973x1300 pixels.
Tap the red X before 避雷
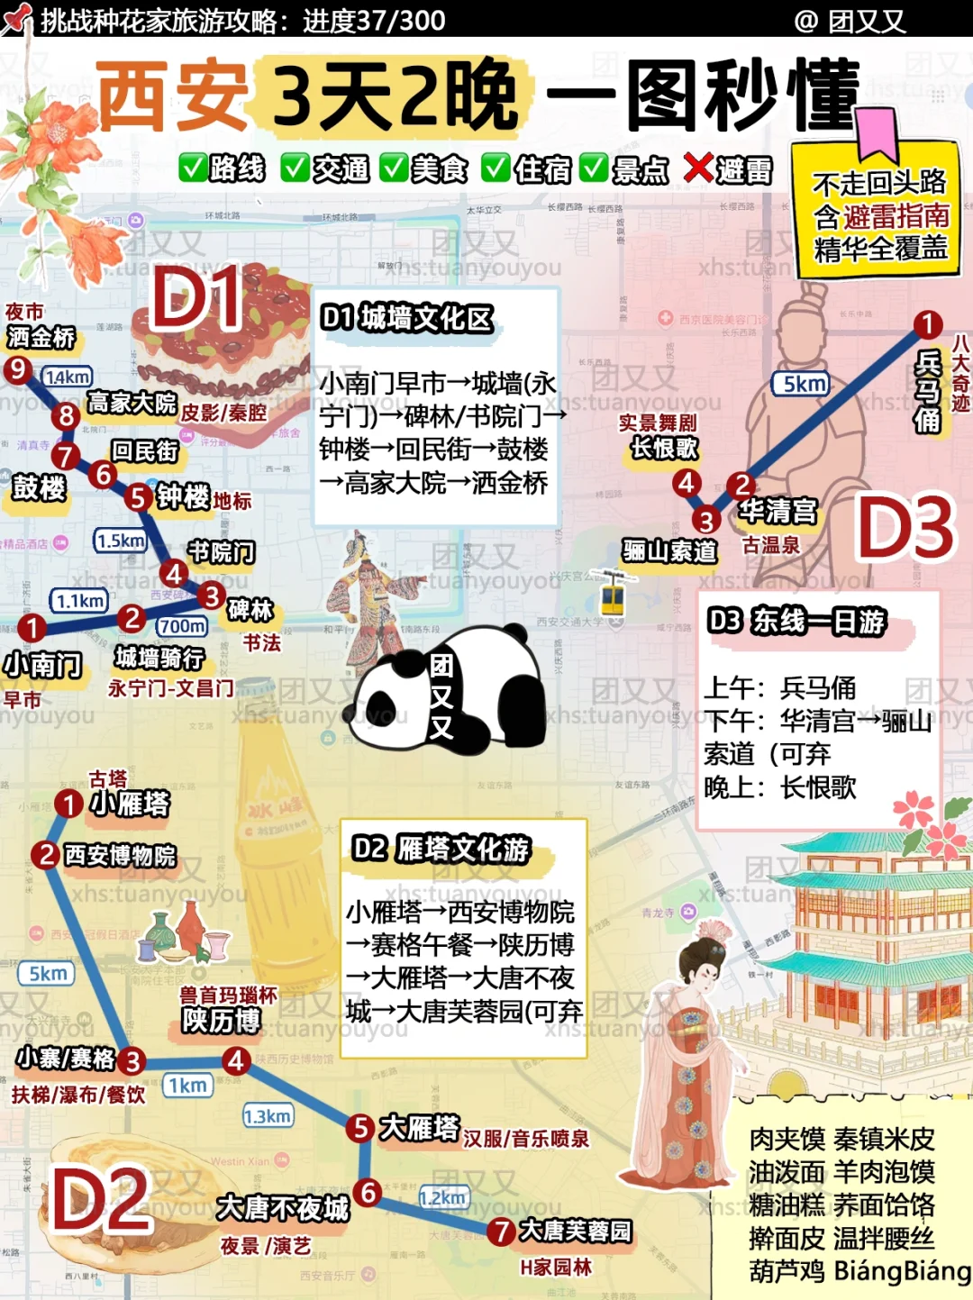coord(698,168)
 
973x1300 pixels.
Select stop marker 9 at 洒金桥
coord(17,369)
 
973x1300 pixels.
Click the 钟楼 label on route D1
coord(183,495)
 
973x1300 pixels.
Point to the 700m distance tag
coord(182,625)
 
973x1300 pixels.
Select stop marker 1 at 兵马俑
coord(927,323)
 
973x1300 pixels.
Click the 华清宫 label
coord(778,511)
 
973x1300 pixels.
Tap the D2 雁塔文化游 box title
coord(441,849)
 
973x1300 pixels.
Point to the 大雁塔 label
coord(420,1127)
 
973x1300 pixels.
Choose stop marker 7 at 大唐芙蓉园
coord(501,1232)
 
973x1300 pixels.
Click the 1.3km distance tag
coord(268,1116)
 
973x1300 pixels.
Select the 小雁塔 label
coord(130,803)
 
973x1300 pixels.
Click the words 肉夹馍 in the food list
coord(787,1140)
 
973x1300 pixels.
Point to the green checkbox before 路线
coord(193,168)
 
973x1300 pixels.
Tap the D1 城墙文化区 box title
coord(407,317)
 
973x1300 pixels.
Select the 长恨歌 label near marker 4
coord(665,447)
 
